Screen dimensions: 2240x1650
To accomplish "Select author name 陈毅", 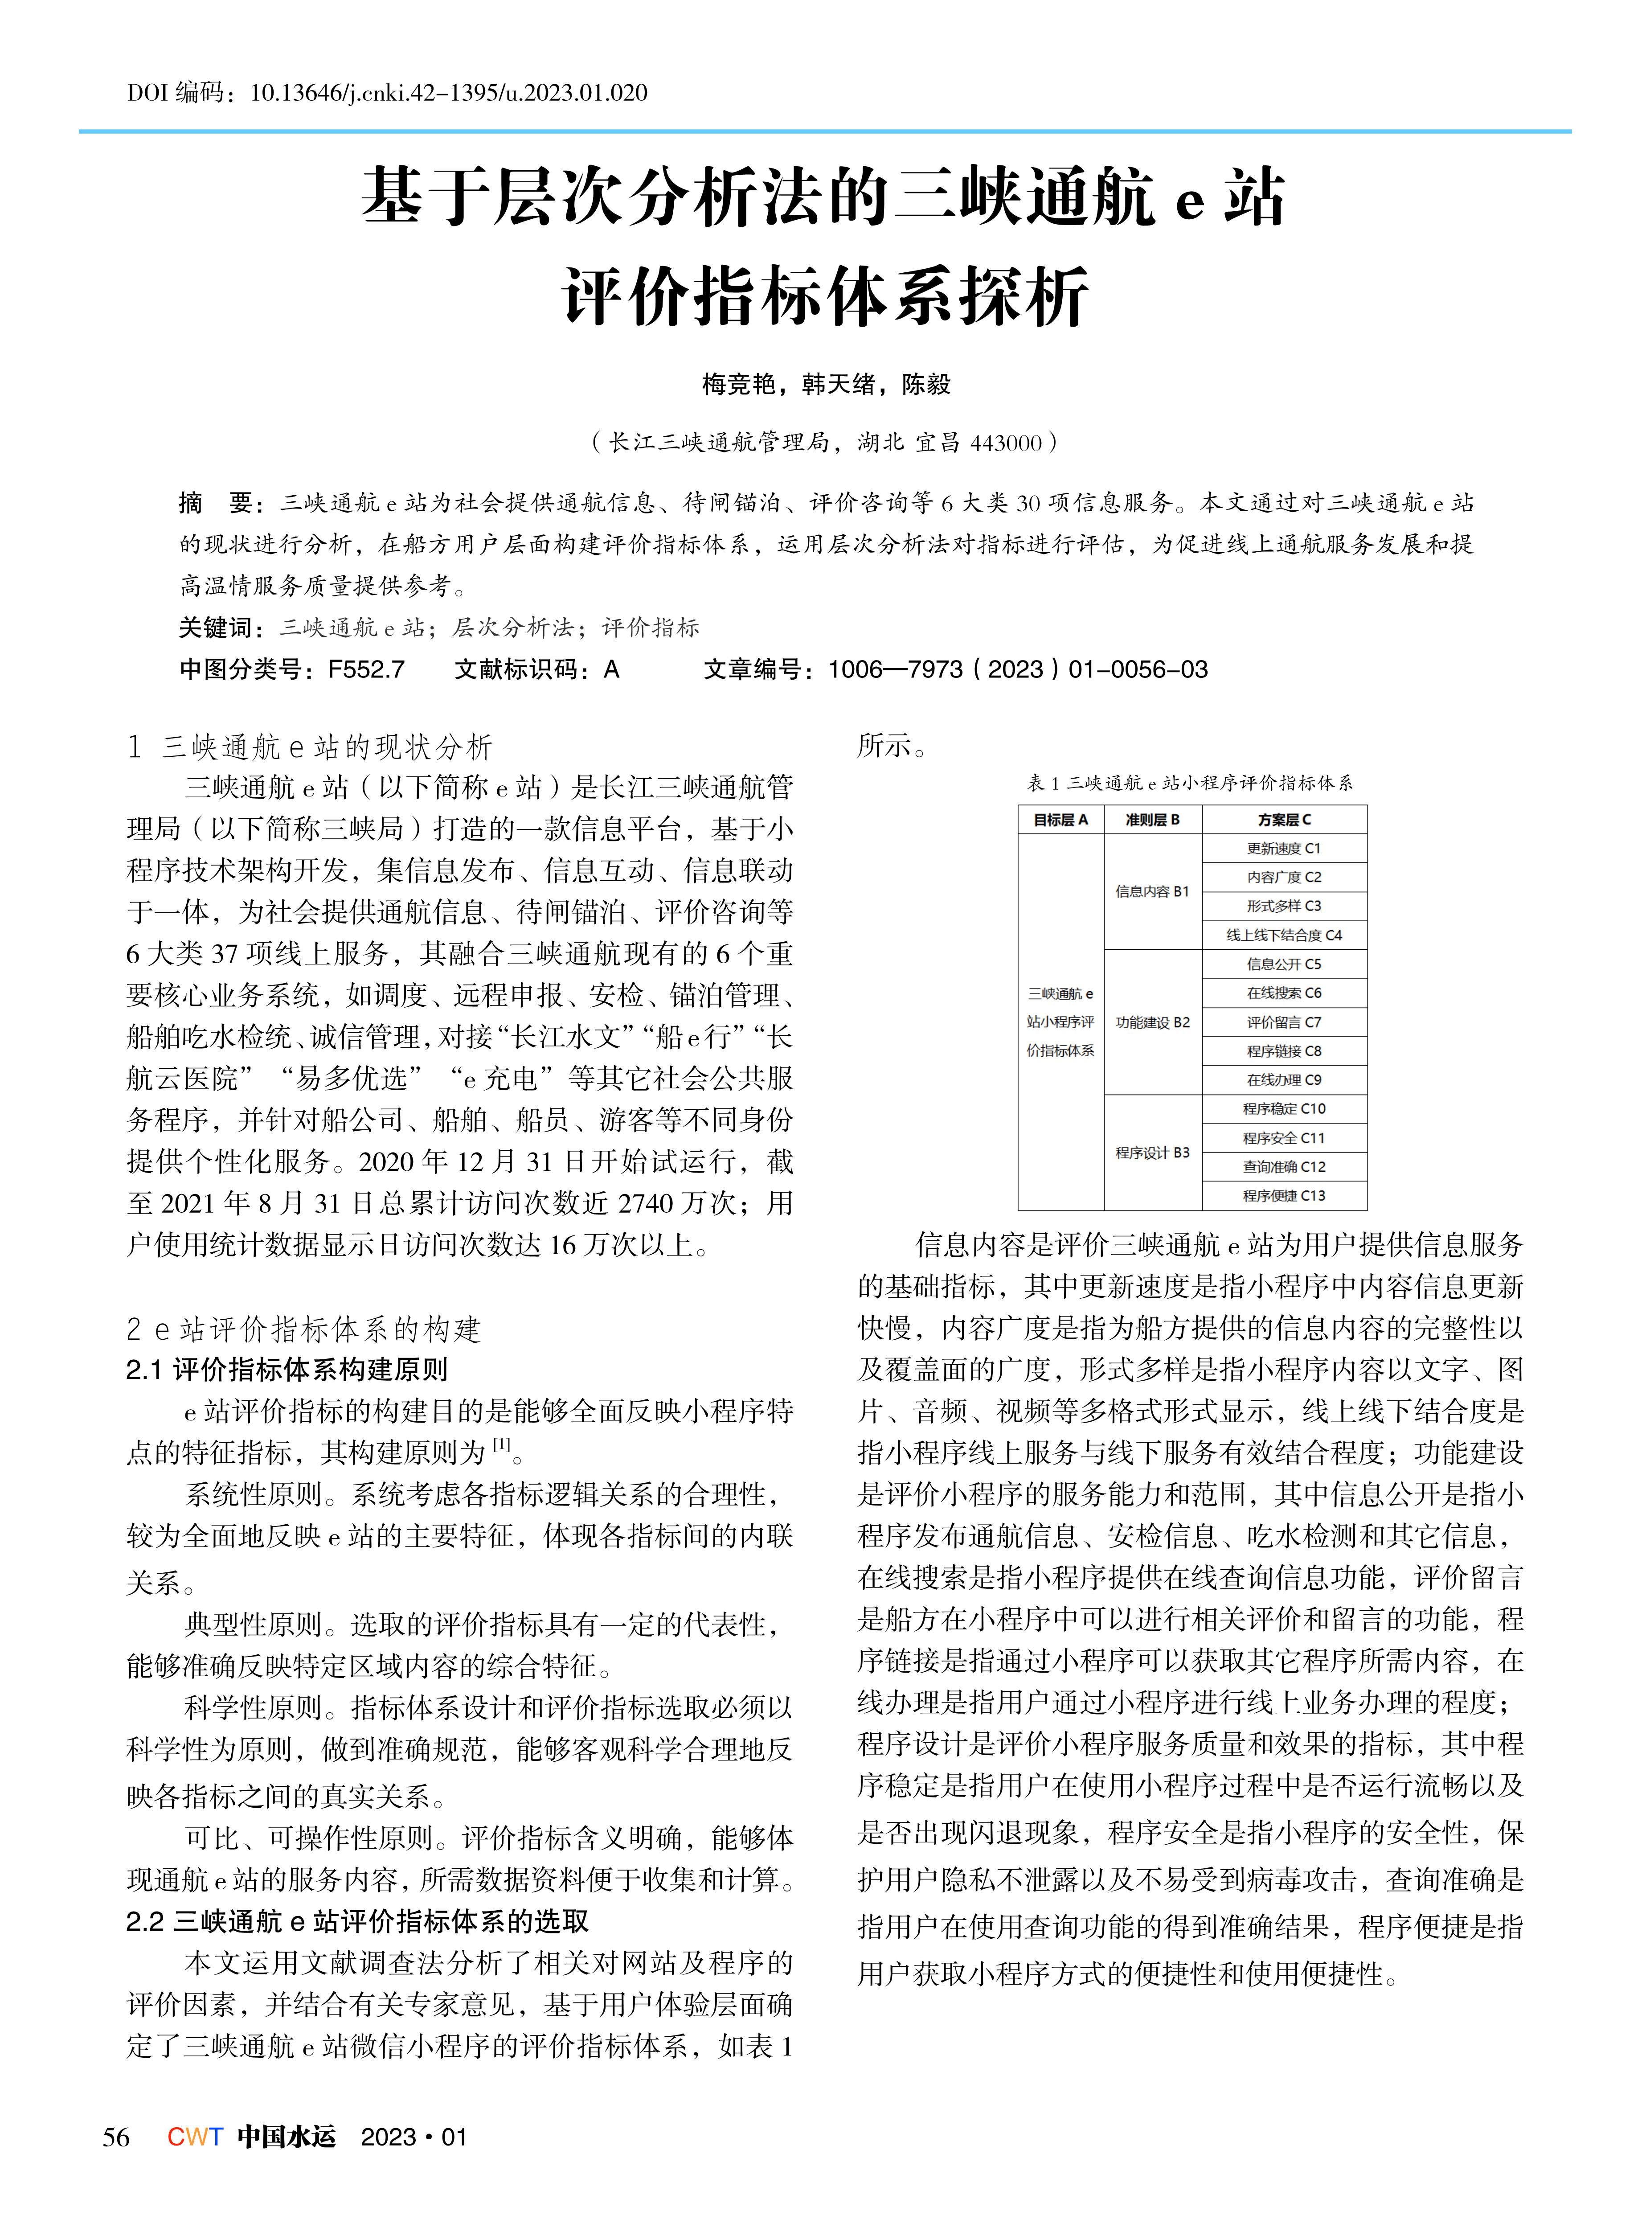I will pos(926,385).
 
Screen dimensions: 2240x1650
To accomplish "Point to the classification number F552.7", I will pos(367,669).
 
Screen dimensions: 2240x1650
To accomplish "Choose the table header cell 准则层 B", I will pos(1153,819).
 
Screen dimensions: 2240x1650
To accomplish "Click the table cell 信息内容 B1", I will pos(1153,891).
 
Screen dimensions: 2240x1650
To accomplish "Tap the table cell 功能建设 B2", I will pos(1153,1022).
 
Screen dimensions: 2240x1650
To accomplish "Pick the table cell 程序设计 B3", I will pos(1153,1152).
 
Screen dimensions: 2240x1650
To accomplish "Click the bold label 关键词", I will pos(220,628).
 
